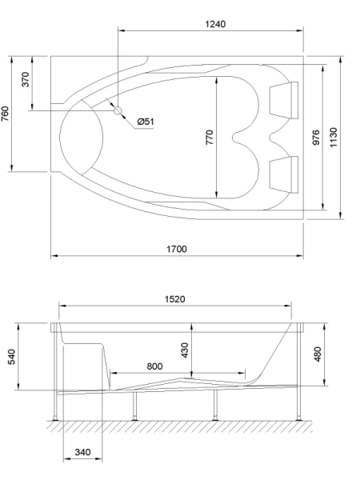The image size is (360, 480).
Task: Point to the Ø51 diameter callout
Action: click(146, 121)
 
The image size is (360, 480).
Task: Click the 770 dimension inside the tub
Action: click(210, 138)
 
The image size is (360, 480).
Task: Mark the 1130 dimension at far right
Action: click(334, 137)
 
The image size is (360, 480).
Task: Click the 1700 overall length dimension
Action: click(177, 250)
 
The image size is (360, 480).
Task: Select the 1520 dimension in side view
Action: click(175, 299)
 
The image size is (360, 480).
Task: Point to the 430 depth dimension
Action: click(186, 350)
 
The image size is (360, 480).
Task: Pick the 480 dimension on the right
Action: click(319, 352)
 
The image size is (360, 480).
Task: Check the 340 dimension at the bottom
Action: click(82, 453)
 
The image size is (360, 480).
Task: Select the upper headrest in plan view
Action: click(284, 98)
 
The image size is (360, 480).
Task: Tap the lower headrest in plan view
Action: click(284, 173)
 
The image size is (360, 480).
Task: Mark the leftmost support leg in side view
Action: click(54, 406)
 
